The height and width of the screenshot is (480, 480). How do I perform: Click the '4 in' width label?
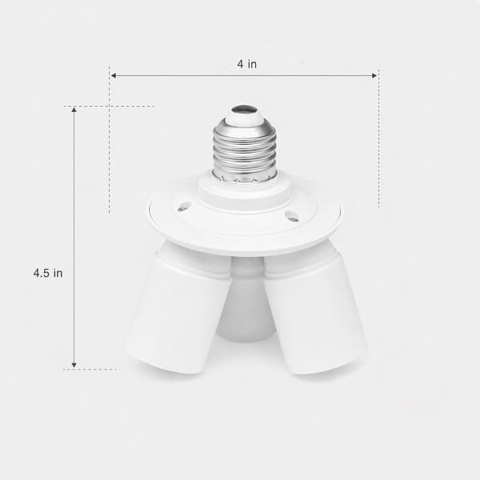(x=246, y=64)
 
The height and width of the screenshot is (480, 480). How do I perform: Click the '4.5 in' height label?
(x=48, y=273)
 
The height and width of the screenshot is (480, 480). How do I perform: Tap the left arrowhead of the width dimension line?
(x=113, y=75)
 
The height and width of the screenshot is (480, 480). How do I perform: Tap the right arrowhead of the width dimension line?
(x=374, y=75)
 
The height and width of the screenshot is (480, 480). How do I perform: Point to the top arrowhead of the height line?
(x=74, y=110)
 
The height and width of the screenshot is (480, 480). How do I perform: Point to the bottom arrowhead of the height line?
(x=74, y=365)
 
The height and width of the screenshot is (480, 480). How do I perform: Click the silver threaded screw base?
(x=245, y=150)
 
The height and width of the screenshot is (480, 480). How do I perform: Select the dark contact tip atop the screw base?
(x=244, y=110)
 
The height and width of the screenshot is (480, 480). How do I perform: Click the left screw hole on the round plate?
(x=185, y=206)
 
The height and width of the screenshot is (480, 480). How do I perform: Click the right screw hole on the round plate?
(x=291, y=216)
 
